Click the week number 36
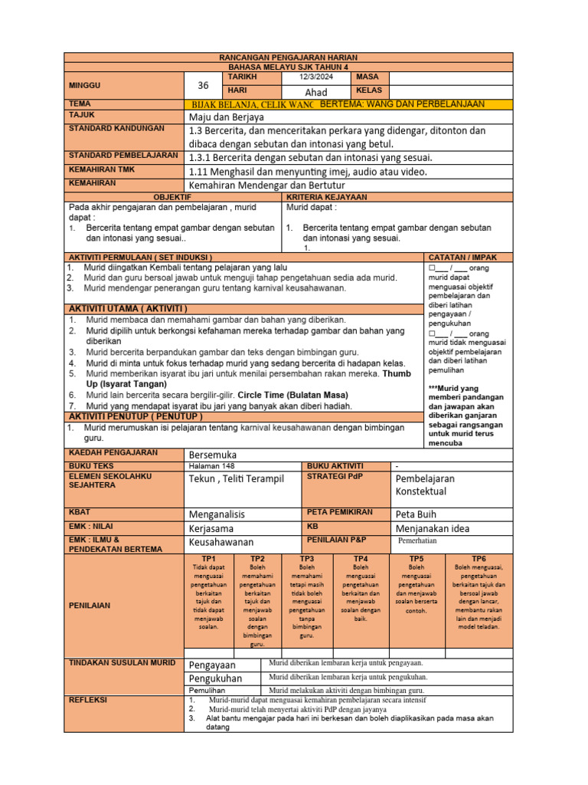point(203,86)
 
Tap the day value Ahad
point(315,92)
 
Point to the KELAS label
point(368,91)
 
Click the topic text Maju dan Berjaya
point(226,117)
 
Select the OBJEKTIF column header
point(172,197)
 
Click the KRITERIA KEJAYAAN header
point(326,197)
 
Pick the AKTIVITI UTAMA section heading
point(129,308)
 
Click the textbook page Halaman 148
point(212,465)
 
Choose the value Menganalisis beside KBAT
point(223,514)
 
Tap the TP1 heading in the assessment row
point(208,559)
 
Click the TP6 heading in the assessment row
point(479,559)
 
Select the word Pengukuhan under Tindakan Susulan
point(215,678)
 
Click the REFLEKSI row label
point(88,700)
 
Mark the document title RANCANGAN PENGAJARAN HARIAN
point(288,58)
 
